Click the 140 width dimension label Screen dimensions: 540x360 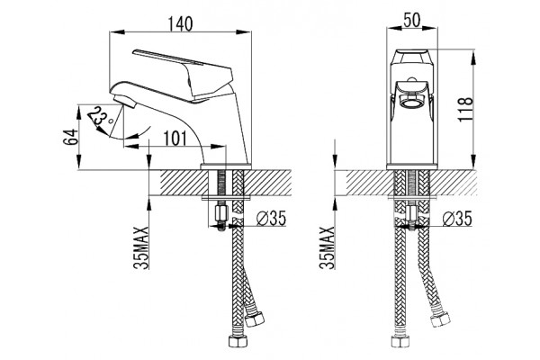(180, 24)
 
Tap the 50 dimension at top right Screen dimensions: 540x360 (412, 21)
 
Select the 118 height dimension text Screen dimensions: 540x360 (465, 109)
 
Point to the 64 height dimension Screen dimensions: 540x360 (71, 137)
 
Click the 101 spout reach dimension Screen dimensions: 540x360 (175, 139)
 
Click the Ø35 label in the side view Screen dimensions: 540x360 (272, 218)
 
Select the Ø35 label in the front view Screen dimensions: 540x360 (458, 218)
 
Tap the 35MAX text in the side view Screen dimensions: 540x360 (141, 247)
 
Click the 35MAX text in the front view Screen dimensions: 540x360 (328, 247)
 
